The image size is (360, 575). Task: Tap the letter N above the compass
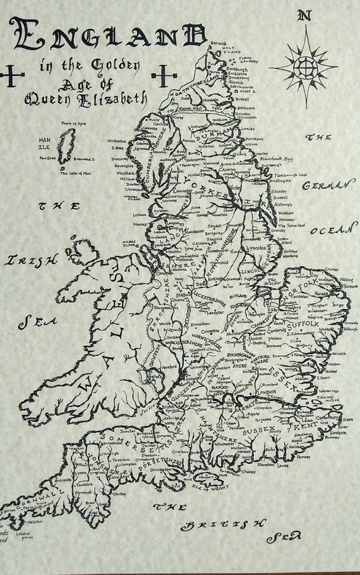306,16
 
